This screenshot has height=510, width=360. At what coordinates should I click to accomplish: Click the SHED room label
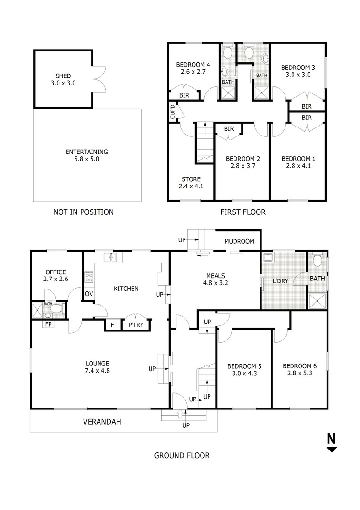[x=63, y=76]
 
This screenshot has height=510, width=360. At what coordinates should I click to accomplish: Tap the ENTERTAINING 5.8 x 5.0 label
[x=86, y=155]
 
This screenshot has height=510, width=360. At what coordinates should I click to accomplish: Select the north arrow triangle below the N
[x=332, y=450]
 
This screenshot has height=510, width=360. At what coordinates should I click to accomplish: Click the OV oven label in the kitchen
[x=89, y=294]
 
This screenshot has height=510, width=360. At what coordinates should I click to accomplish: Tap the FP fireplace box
[x=48, y=324]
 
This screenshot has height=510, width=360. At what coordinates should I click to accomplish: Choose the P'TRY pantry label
[x=136, y=324]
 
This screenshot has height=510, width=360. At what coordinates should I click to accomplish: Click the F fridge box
[x=112, y=325]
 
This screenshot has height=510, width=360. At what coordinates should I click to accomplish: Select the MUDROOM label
[x=239, y=241]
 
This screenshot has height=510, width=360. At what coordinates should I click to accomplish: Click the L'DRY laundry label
[x=280, y=280]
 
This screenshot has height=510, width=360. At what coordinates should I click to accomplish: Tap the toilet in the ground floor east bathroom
[x=317, y=260]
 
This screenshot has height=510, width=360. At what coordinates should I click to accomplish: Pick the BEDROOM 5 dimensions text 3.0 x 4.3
[x=244, y=374]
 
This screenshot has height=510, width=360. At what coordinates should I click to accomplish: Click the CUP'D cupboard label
[x=173, y=111]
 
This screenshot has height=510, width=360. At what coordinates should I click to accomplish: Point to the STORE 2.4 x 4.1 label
[x=191, y=183]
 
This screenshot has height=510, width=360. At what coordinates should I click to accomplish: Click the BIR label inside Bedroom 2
[x=229, y=129]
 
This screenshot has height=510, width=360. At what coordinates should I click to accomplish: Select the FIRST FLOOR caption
[x=243, y=212]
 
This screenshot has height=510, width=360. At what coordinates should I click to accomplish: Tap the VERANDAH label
[x=102, y=422]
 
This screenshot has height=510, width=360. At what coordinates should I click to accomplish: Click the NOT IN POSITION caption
[x=84, y=212]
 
